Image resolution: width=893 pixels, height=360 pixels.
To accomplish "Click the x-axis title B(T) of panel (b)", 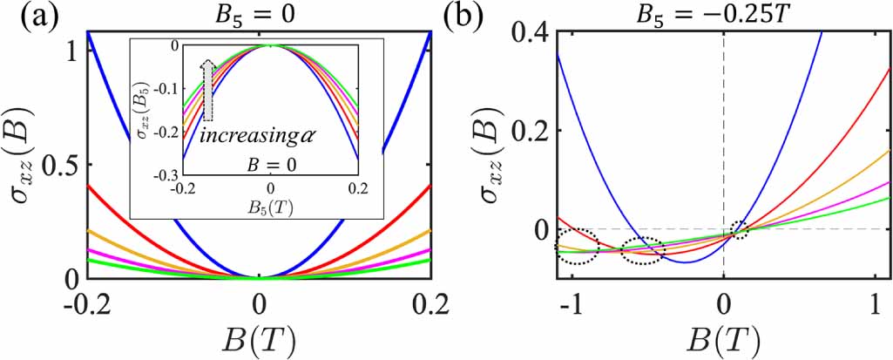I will (x=723, y=342).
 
